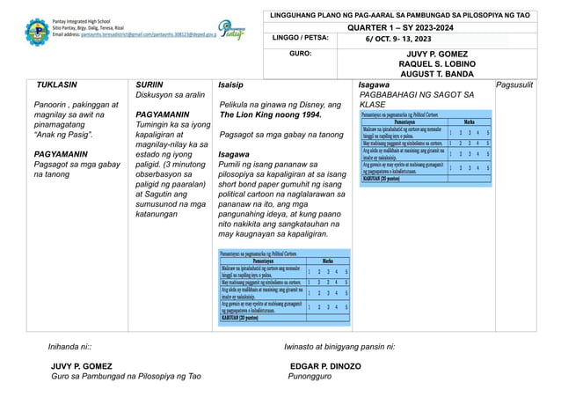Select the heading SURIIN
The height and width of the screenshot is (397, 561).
point(150,85)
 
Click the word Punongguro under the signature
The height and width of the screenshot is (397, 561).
point(310,377)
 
